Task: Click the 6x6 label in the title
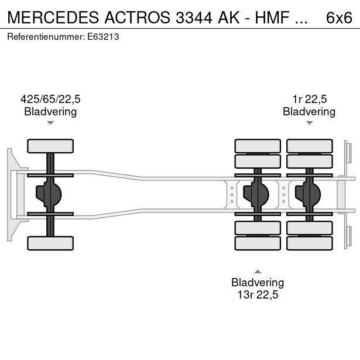coord(339,18)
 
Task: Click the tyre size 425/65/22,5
coord(50,99)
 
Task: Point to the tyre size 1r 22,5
coord(309,99)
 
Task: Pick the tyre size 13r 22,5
coord(258,295)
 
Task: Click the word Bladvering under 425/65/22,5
coord(50,111)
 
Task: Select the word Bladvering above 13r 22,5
coord(258,282)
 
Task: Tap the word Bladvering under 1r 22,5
coord(309,111)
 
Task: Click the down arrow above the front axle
coord(50,123)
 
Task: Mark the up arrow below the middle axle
coord(258,271)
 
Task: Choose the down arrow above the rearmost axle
coord(309,123)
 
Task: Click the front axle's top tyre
coord(50,146)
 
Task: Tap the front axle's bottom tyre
coord(50,242)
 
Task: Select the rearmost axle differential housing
coord(308,194)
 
